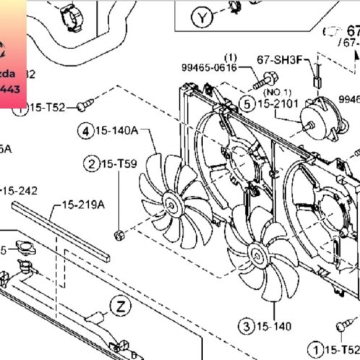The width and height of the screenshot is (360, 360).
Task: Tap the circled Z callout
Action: point(120,307)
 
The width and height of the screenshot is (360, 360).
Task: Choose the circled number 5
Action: point(247,104)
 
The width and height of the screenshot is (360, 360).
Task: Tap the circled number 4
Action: point(87,131)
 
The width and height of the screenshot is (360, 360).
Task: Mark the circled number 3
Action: point(248,325)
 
